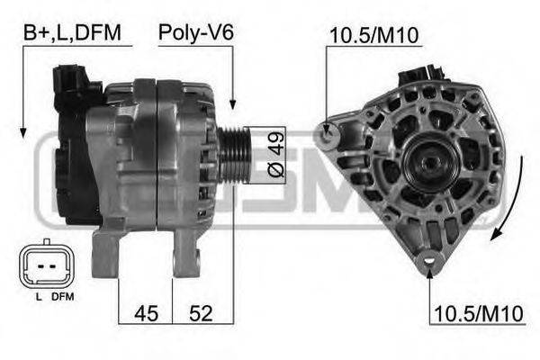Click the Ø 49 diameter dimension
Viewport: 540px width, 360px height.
[274, 154]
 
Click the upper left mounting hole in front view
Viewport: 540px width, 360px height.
[329, 134]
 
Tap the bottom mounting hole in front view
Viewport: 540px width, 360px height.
[429, 264]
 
